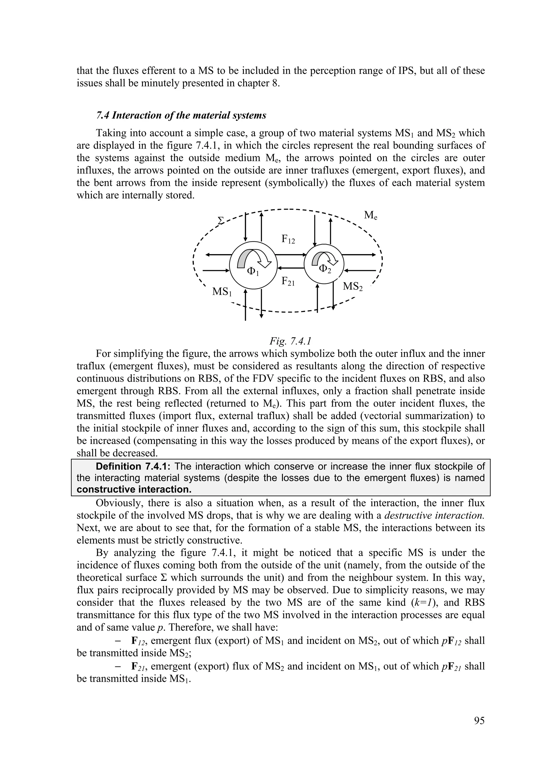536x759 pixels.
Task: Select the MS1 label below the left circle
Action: click(222, 292)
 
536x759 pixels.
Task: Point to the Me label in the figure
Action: click(371, 216)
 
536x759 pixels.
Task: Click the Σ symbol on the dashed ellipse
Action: click(221, 220)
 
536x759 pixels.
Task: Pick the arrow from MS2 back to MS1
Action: click(290, 268)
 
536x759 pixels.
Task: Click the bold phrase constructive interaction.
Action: click(134, 489)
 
